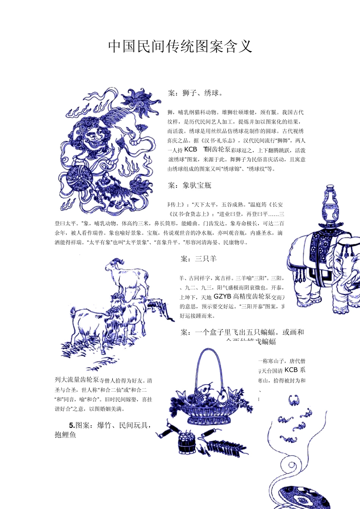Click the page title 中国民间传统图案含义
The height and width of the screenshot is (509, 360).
coord(180,47)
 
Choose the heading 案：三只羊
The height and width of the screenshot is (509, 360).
coord(199,259)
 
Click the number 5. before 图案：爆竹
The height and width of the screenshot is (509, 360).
coord(72,425)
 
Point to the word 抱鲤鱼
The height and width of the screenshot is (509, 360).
coord(65,435)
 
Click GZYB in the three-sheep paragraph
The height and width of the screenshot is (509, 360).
coord(222,297)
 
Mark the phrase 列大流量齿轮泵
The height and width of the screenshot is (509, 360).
coord(77,380)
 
